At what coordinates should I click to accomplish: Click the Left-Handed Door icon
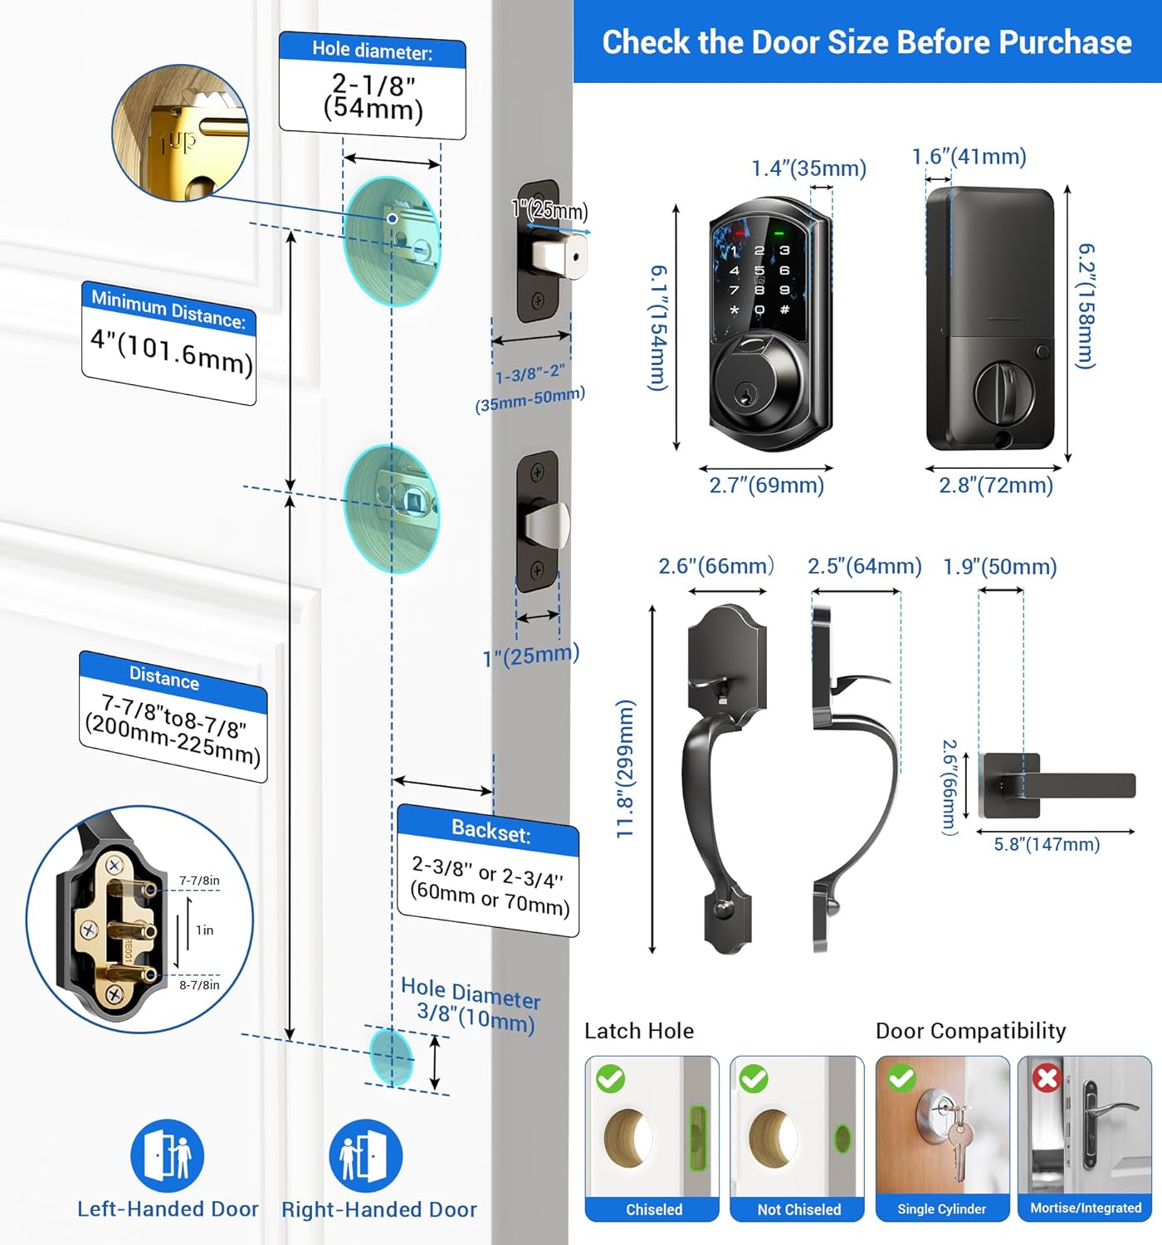click(x=167, y=1155)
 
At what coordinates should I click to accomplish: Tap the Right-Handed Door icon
click(x=365, y=1155)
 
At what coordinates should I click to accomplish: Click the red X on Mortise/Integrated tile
click(x=1047, y=1078)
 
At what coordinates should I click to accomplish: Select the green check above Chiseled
click(x=611, y=1078)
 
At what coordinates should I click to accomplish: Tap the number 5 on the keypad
click(x=759, y=271)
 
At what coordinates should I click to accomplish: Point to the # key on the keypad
click(x=784, y=310)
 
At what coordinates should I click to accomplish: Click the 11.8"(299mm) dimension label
click(x=626, y=769)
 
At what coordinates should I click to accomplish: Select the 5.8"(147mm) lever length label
click(x=1047, y=845)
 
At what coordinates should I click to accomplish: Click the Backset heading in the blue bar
click(x=491, y=831)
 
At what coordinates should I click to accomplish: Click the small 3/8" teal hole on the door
click(x=391, y=1057)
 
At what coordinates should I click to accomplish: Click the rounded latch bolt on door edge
click(x=547, y=525)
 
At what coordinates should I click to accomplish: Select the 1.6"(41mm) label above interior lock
click(x=969, y=156)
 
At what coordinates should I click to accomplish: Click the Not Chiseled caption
click(x=798, y=1209)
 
